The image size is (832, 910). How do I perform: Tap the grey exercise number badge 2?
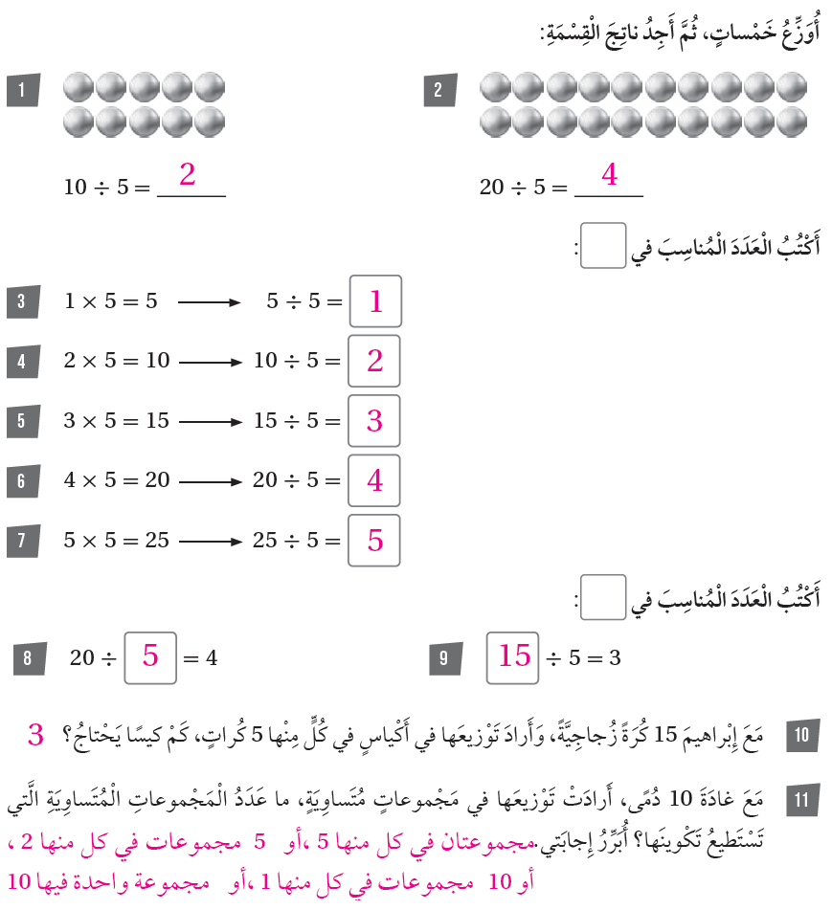tap(439, 91)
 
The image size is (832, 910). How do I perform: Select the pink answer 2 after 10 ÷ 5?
tap(188, 175)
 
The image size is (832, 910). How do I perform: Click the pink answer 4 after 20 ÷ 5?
tap(609, 175)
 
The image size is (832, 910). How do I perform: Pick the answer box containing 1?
tap(375, 301)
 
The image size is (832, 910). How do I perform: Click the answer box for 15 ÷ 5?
tap(374, 421)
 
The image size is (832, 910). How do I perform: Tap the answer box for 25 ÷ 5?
tap(374, 541)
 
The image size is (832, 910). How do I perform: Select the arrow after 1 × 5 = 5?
tap(208, 302)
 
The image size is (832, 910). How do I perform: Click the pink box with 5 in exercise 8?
tap(150, 657)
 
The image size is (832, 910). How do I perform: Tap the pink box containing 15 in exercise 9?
tap(513, 657)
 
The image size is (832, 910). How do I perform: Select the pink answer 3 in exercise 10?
tap(36, 736)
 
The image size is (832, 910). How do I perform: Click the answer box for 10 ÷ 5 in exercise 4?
tap(374, 361)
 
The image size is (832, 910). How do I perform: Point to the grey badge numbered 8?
tap(29, 658)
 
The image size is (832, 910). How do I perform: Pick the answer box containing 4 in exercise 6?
tap(374, 480)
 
